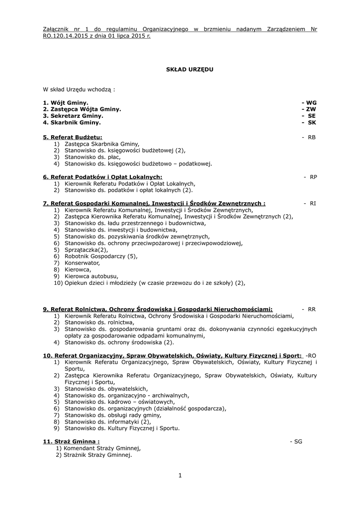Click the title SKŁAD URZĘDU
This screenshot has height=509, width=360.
click(x=189, y=70)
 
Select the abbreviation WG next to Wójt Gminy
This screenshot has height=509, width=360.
click(x=311, y=102)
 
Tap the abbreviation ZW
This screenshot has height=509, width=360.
click(x=311, y=109)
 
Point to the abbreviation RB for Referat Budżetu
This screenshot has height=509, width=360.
click(x=311, y=137)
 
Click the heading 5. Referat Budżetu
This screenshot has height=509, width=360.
click(x=73, y=137)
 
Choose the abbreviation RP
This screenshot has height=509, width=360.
click(x=313, y=177)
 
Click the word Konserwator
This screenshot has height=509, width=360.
click(x=82, y=262)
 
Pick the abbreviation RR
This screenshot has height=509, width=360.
click(x=312, y=309)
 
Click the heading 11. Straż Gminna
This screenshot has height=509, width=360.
click(x=71, y=441)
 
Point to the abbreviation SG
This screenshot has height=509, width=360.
click(x=297, y=441)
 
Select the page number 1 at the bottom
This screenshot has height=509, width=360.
click(x=180, y=476)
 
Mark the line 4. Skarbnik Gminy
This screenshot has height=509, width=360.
click(x=72, y=122)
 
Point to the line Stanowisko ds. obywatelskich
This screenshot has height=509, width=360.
click(x=106, y=389)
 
